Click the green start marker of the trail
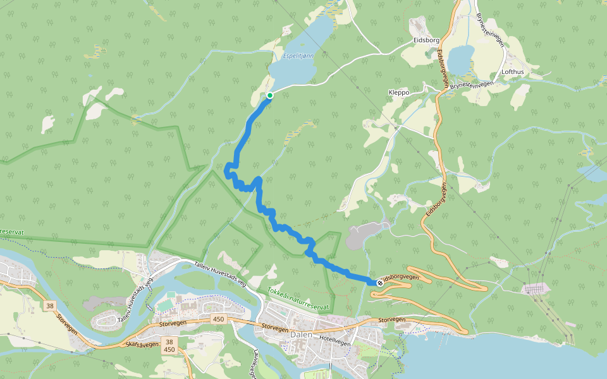(270, 95)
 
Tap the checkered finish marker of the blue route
(379, 283)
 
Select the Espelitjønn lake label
(298, 57)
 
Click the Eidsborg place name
(426, 40)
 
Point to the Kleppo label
(399, 92)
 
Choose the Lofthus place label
(512, 72)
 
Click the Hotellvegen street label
(335, 339)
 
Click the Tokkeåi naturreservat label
(298, 299)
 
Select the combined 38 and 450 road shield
(169, 344)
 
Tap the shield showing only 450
(219, 319)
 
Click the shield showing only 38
(50, 306)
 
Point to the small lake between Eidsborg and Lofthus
(460, 58)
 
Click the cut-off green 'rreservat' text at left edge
(11, 232)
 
